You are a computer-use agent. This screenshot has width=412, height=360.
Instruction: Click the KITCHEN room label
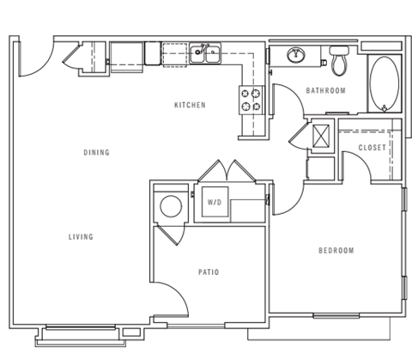tap(190, 105)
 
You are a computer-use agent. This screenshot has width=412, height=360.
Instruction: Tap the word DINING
tap(96, 153)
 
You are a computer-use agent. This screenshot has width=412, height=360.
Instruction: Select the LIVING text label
tap(81, 236)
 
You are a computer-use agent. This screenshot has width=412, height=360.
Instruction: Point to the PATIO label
tap(209, 272)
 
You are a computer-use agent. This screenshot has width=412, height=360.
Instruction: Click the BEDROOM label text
tap(336, 250)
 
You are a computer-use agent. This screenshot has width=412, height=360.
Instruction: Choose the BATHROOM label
tap(326, 90)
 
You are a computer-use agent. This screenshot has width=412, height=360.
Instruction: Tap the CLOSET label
tap(372, 147)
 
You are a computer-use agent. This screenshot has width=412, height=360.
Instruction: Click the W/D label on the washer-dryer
tap(214, 203)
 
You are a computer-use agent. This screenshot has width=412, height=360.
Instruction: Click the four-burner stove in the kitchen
tap(251, 101)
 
